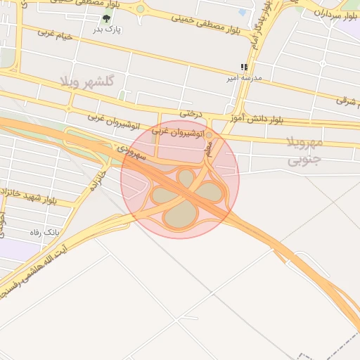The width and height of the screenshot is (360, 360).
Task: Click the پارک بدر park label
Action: [x=108, y=30]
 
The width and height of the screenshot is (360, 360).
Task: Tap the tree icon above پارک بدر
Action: [x=106, y=19]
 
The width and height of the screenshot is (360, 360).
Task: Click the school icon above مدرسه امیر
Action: [x=244, y=67]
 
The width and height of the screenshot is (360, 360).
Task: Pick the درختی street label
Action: [x=190, y=112]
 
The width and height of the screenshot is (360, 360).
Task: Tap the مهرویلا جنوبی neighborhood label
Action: [x=304, y=152]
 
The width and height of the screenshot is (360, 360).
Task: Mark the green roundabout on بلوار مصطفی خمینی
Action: [x=140, y=10]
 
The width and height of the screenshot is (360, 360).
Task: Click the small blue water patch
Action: [x=243, y=12]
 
